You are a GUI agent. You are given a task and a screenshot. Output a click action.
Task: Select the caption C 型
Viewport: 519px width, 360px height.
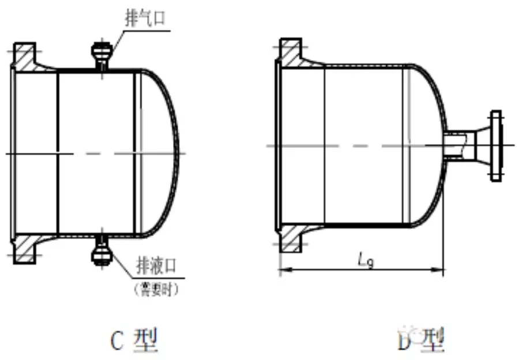133,340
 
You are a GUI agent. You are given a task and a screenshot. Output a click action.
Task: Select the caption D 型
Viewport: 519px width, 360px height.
422,340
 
